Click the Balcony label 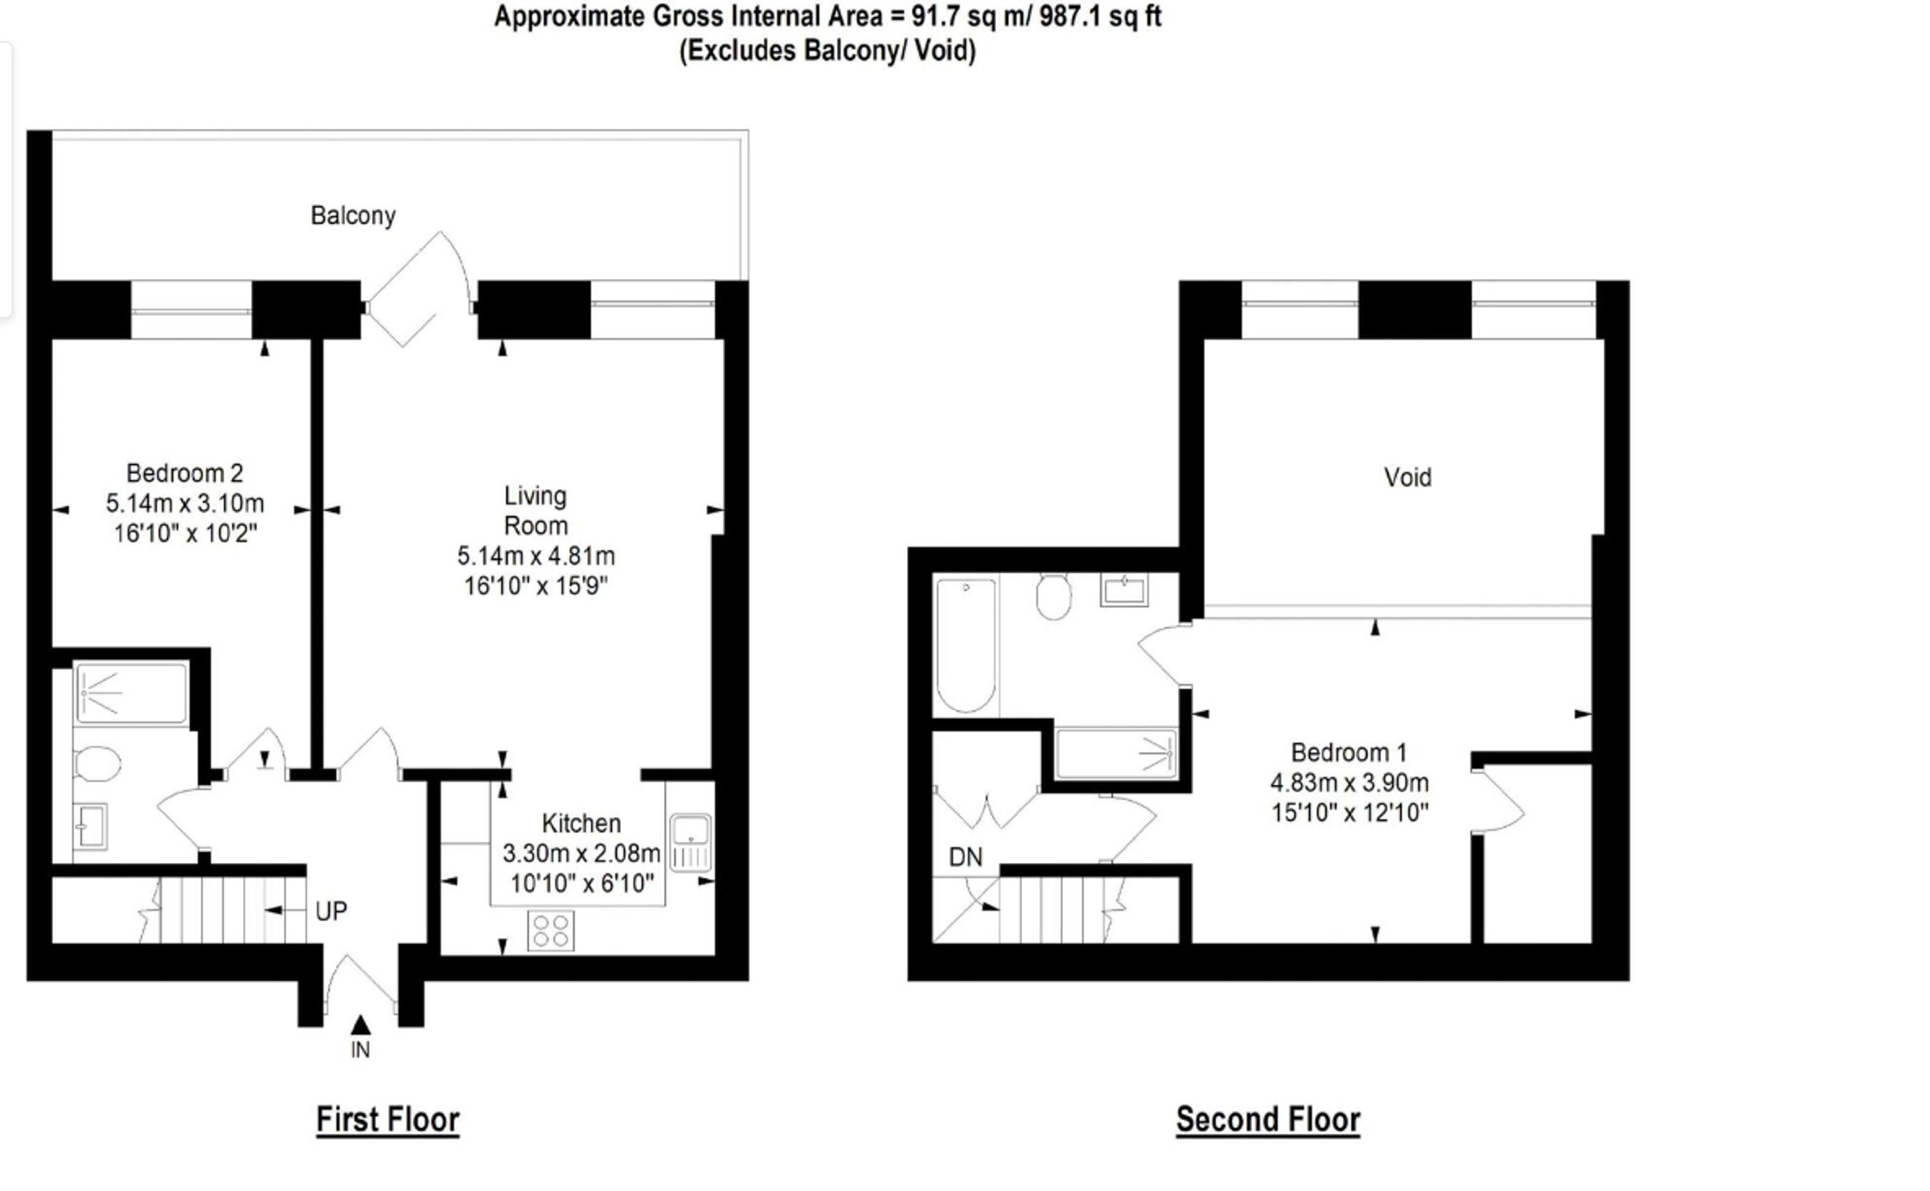pos(353,216)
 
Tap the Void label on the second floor pos(1407,478)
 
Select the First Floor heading pos(388,1119)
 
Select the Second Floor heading pos(1268,1119)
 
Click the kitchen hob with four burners pos(551,930)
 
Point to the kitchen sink pos(691,842)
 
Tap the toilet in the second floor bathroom pos(1053,597)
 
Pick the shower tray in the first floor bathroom pos(132,692)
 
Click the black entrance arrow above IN pos(361,1025)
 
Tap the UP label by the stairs pos(331,911)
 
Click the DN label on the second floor pos(965,857)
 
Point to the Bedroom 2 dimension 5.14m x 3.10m pos(185,503)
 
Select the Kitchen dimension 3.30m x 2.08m pos(581,853)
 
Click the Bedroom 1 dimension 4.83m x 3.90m pos(1349,782)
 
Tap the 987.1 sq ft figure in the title pos(1100,16)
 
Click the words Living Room pos(536,511)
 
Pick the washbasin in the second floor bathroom pos(1124,589)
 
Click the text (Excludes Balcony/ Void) pos(827,51)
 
